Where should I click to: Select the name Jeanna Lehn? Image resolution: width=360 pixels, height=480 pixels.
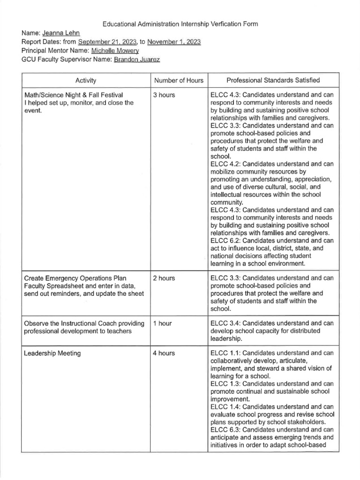(61, 33)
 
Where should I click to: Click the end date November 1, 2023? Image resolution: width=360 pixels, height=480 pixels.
(173, 42)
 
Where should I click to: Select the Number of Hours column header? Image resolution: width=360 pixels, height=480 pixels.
(179, 80)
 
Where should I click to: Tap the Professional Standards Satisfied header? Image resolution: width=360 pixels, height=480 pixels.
(274, 80)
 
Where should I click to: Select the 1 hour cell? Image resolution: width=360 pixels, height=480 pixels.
(162, 323)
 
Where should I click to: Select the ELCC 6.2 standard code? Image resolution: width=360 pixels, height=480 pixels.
(225, 240)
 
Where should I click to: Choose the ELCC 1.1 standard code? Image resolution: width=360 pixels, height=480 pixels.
(225, 353)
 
